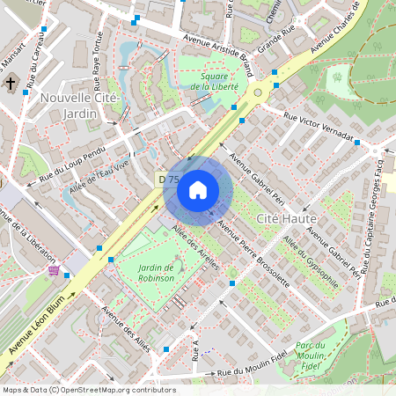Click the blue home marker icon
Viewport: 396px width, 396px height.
coord(198,190)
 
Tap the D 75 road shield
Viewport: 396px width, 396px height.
coord(167,179)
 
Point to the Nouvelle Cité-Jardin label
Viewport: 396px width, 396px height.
coord(79,106)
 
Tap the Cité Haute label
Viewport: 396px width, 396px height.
coord(281,216)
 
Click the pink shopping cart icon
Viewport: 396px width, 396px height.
coord(55,271)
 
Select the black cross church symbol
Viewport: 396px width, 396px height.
coord(11,84)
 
